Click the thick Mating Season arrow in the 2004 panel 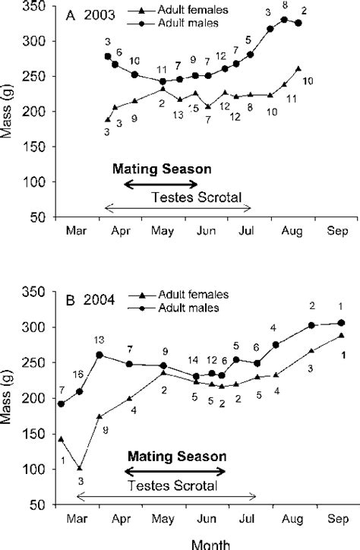tap(175, 472)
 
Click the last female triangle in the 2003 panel tap(298, 69)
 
